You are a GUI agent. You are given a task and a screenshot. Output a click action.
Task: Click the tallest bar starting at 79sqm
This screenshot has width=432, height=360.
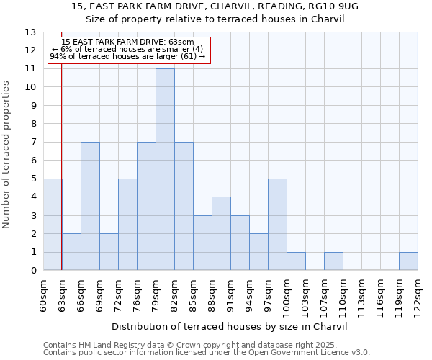point(165,169)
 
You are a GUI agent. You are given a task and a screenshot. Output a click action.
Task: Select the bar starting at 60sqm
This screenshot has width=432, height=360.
point(53,225)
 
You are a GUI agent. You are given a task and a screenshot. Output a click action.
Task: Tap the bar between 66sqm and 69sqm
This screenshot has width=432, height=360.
point(90,206)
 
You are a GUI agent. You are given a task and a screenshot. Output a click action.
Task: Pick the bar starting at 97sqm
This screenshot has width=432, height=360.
point(277,225)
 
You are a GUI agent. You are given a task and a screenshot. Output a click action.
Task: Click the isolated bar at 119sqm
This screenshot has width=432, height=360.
point(408,261)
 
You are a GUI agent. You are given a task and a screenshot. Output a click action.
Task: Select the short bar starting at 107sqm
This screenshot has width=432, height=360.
point(333,261)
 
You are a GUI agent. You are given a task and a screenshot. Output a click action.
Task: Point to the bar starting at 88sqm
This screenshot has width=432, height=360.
point(221,234)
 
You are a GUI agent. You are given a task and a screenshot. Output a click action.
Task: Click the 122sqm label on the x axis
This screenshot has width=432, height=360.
point(418,294)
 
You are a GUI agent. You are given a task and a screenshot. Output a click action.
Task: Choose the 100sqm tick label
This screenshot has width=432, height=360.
point(287,295)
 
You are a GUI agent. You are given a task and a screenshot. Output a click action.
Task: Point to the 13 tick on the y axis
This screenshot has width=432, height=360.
point(30,32)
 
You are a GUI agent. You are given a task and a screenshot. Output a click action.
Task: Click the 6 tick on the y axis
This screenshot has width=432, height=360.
point(33,161)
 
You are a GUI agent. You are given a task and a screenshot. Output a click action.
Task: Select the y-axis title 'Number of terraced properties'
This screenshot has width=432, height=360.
point(7,155)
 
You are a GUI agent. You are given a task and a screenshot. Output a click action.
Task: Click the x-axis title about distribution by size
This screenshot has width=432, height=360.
point(230,326)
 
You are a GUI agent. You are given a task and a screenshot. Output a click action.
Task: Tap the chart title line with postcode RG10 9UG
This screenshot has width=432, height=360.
point(215,6)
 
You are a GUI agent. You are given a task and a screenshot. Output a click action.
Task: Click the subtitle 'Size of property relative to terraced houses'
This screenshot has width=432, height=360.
point(215,19)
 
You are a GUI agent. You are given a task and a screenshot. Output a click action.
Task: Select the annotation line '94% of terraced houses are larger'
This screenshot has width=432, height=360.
point(127,56)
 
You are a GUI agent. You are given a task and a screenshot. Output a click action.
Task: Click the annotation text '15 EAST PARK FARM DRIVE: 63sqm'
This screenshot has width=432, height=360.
point(128,42)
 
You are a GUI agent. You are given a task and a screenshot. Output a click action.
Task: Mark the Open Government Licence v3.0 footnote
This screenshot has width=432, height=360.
point(207,353)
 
